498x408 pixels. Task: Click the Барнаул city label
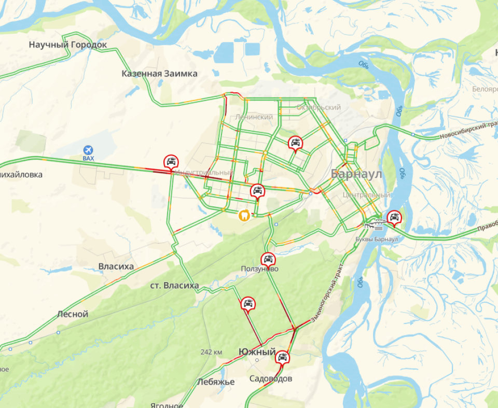[x=356, y=174]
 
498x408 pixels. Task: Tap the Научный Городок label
[x=68, y=45]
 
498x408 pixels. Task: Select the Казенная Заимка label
[x=159, y=74]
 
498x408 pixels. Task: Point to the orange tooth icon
[x=243, y=215]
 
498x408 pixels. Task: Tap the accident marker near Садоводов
[x=282, y=358]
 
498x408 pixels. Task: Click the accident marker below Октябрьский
[x=296, y=143]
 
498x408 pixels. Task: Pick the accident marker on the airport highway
[x=171, y=162]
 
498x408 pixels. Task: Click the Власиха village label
[x=116, y=266]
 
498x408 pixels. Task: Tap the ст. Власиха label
[x=174, y=286]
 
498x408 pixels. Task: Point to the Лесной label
[x=73, y=314]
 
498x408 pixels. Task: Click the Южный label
[x=257, y=352]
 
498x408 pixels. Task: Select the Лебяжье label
[x=216, y=382]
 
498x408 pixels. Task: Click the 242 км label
[x=211, y=353]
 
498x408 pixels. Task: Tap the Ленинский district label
[x=254, y=117]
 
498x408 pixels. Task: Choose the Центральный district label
[x=366, y=195]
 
